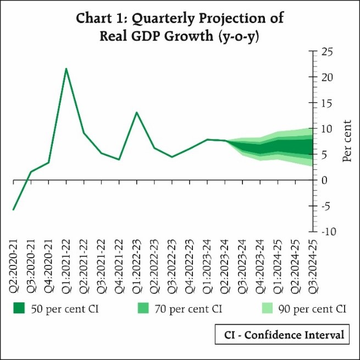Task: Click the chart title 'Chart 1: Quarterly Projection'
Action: click(180, 18)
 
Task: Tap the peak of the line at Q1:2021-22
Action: click(66, 69)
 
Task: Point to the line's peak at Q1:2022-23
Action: click(136, 112)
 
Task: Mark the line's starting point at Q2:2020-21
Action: click(13, 209)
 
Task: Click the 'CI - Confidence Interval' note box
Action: click(283, 334)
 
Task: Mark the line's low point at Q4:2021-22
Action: click(119, 159)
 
